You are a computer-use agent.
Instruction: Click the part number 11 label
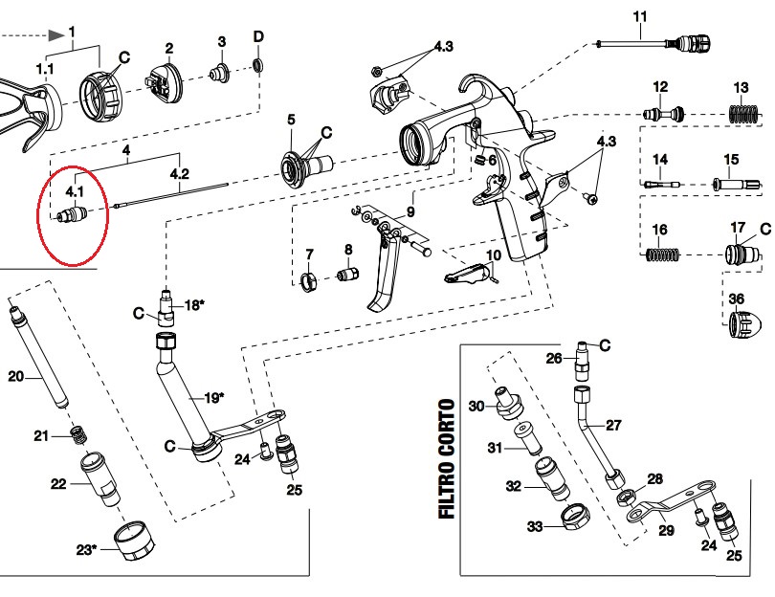tap(640, 16)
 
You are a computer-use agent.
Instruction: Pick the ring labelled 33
tap(574, 517)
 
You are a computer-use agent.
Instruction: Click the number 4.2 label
tap(179, 174)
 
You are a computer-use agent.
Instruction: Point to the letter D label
tap(257, 37)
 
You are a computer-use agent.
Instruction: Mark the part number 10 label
tap(493, 256)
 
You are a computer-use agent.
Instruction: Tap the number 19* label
tap(213, 396)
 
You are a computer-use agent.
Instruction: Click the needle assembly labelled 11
tap(660, 43)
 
